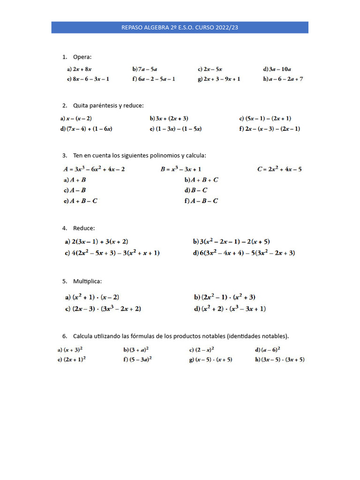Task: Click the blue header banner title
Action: pyautogui.click(x=180, y=28)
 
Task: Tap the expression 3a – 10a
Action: pyautogui.click(x=280, y=69)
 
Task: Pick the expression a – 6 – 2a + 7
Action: pyautogui.click(x=286, y=79)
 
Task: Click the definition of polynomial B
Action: pyautogui.click(x=181, y=169)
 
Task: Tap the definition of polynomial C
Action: pyautogui.click(x=279, y=169)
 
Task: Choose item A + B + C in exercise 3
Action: pyautogui.click(x=204, y=180)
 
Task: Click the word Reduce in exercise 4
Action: pyautogui.click(x=84, y=228)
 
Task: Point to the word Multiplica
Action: pyautogui.click(x=87, y=282)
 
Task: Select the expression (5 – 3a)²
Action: pyautogui.click(x=141, y=360)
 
